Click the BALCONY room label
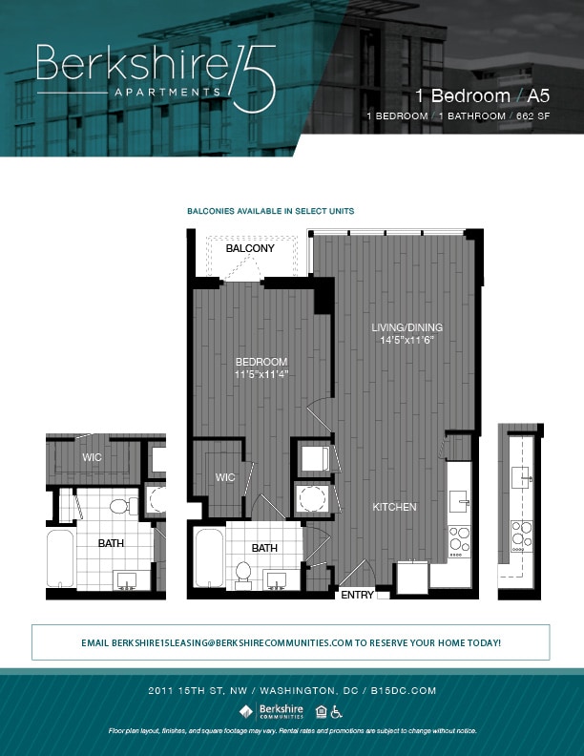click(x=250, y=249)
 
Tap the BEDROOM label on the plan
click(x=261, y=362)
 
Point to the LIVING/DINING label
click(x=407, y=327)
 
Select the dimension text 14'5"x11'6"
click(x=407, y=340)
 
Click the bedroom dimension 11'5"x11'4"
click(x=261, y=374)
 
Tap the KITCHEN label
click(x=394, y=507)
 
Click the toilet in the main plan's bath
click(x=242, y=574)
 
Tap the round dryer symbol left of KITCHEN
click(x=312, y=497)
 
